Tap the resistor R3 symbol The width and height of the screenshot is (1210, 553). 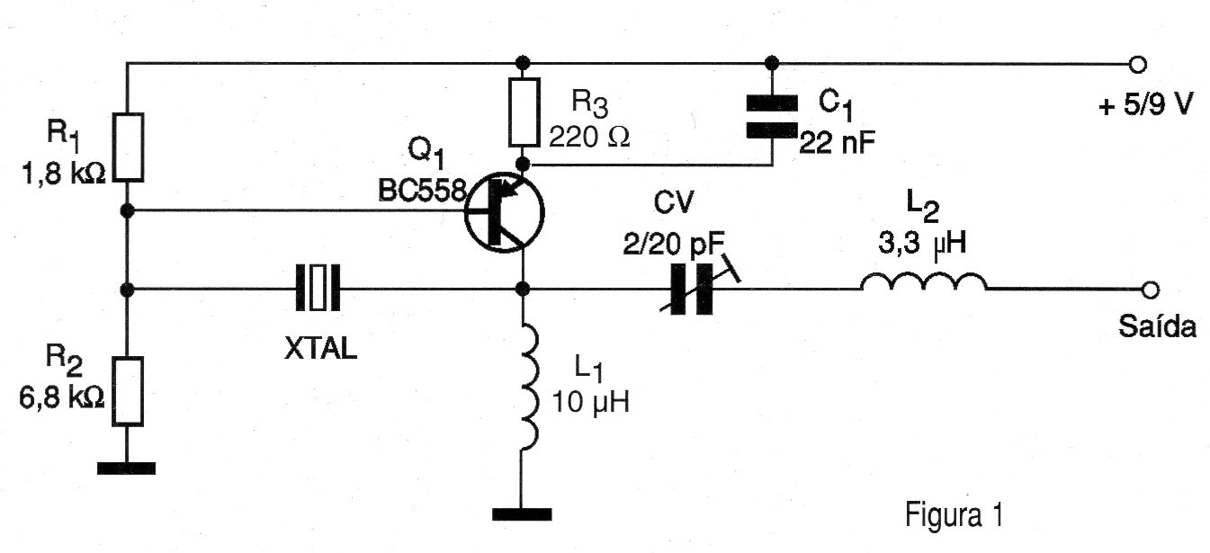click(523, 112)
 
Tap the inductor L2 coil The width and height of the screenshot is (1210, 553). click(923, 284)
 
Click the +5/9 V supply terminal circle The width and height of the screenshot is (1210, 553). click(1138, 64)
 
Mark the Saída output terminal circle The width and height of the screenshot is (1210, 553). click(1149, 290)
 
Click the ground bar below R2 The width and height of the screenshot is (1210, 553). click(127, 468)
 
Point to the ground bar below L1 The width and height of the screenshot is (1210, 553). click(522, 514)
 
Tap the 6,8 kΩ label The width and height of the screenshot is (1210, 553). click(63, 396)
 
